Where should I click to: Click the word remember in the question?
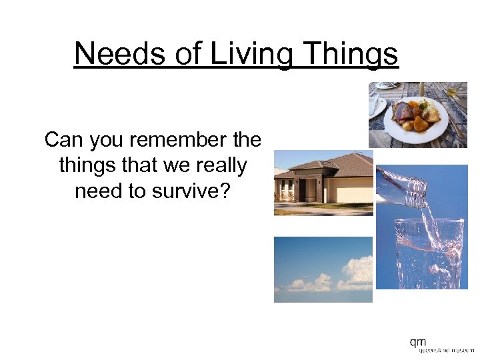click(x=181, y=140)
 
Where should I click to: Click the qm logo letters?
click(x=418, y=342)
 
